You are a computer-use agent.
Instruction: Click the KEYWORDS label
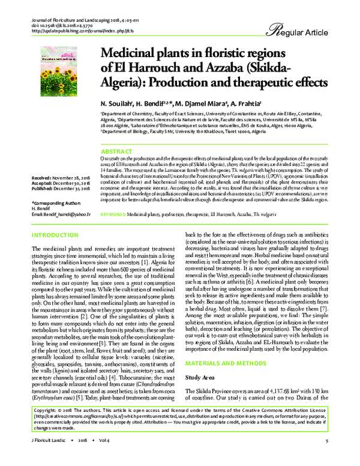[x=112, y=197]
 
